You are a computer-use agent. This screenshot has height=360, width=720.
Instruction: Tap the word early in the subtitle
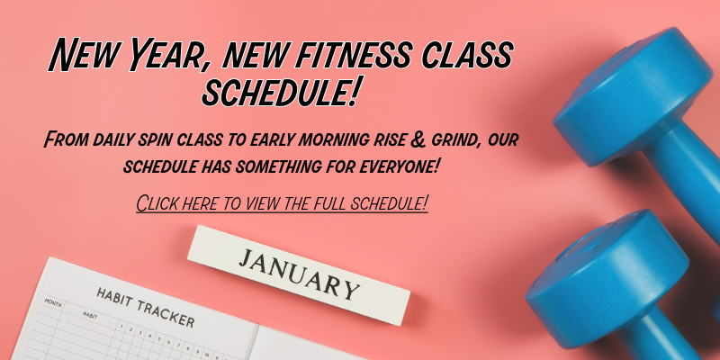304,141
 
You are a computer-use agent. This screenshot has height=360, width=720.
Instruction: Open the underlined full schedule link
282,202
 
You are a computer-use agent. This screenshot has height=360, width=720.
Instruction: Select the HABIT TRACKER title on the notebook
144,308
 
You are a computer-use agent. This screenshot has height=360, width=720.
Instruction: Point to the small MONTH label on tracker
53,304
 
